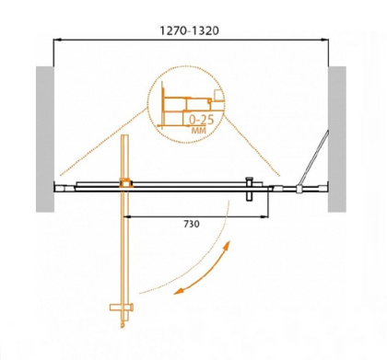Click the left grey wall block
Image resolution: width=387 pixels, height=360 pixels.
click(42, 139)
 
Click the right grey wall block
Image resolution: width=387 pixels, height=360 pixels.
click(338, 139)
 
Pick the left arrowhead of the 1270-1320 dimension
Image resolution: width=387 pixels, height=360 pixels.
click(57, 40)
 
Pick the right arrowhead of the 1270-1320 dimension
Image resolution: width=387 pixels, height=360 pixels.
click(329, 40)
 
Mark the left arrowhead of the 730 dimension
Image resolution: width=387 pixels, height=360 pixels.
click(126, 216)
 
